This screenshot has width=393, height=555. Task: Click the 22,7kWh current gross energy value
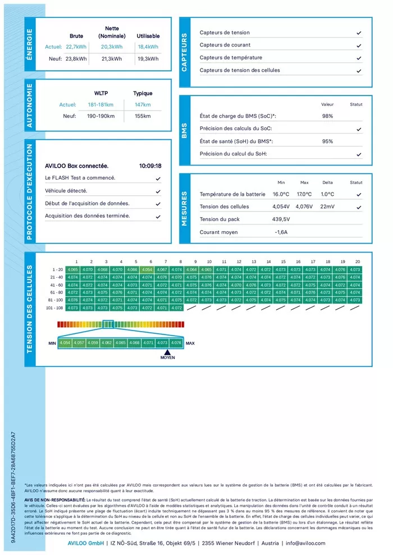pos(76,47)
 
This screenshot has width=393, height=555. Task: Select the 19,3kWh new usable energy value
pos(148,58)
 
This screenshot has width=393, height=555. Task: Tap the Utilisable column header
pos(148,36)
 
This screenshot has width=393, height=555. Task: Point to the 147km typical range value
pos(143,105)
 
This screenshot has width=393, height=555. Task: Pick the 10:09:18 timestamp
pos(150,166)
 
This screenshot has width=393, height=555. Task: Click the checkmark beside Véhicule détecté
pos(158,191)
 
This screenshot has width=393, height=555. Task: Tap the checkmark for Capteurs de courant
pos(358,45)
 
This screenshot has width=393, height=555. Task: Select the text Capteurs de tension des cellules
pos(240,71)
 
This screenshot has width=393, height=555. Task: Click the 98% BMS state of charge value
pos(327,116)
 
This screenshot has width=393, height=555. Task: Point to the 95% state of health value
pos(327,141)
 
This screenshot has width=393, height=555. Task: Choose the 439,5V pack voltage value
pos(281,219)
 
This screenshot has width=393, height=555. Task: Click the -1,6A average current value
pos(281,232)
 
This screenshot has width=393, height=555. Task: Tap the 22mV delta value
pos(327,207)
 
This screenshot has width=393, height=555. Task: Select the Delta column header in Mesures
pos(327,182)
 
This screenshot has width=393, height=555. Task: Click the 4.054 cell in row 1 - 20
pos(147,270)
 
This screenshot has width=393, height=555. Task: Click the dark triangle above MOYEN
pos(167,352)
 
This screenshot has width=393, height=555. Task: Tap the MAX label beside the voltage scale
pos(190,343)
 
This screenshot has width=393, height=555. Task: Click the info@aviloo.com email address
pos(305,543)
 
